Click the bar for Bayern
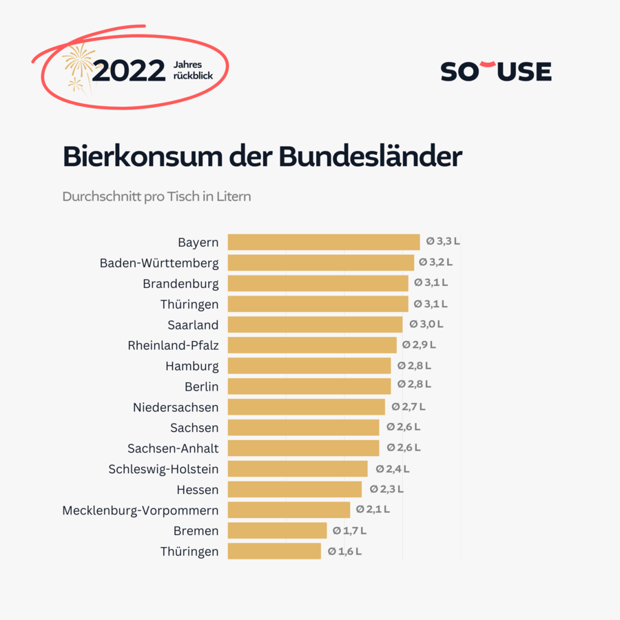[323, 242]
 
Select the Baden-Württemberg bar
[320, 262]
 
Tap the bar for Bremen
[277, 530]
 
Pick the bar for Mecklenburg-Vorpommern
[289, 510]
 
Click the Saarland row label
[193, 324]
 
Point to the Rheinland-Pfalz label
[173, 345]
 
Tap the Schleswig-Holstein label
[163, 469]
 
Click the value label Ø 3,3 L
[443, 241]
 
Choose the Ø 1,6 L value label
[344, 551]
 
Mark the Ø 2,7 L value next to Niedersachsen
[409, 406]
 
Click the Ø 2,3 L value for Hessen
[386, 489]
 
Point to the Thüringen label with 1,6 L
[189, 551]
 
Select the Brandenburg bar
[318, 283]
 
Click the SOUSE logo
[496, 71]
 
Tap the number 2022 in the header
[129, 71]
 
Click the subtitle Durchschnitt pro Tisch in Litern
[156, 196]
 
